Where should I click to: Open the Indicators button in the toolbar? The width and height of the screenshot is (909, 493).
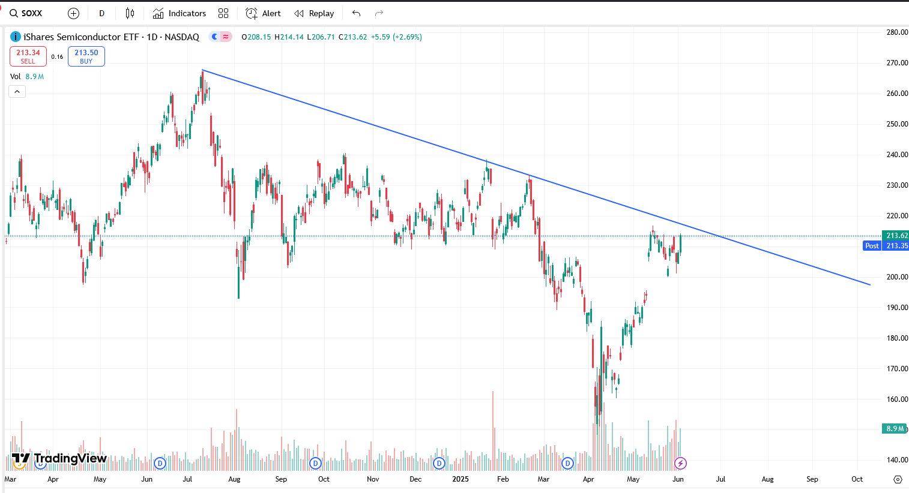[180, 13]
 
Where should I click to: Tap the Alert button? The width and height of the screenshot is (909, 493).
[264, 13]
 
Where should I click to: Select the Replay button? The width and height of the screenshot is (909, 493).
[314, 13]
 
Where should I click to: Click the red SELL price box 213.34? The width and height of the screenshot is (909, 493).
[28, 56]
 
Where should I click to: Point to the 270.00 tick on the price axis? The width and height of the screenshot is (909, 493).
[897, 63]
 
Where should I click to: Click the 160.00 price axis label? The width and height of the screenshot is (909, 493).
[897, 399]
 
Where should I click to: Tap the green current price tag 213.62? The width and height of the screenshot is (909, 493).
[895, 236]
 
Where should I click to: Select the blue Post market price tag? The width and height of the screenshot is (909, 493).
[872, 246]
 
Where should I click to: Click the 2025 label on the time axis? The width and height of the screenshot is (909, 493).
[461, 479]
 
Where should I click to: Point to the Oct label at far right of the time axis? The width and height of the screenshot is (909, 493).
[857, 479]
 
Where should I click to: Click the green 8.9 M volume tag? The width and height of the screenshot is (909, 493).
[894, 429]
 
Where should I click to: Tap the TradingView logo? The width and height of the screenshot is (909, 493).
[59, 459]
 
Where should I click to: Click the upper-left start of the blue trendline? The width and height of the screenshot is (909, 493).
[202, 70]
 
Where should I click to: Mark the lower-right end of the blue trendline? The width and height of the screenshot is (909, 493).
[870, 285]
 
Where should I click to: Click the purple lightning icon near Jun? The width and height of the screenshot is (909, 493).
[680, 463]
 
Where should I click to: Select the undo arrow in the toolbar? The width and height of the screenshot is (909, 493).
[356, 13]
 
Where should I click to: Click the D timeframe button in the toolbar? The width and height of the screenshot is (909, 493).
[101, 13]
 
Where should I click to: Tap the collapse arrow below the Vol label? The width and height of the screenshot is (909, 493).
[17, 92]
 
